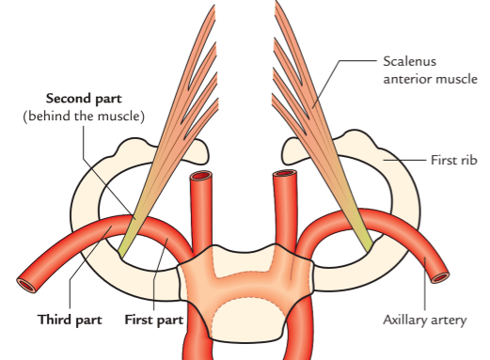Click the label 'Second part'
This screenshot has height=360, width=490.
[84, 99]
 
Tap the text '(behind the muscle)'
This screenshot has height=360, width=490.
[84, 117]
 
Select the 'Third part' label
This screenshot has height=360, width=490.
[70, 320]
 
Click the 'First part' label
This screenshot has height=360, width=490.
[154, 320]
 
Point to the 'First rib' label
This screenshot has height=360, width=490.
[454, 160]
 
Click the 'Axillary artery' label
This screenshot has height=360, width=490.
[425, 321]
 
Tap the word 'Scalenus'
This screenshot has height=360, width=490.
[409, 61]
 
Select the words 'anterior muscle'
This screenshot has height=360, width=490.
[430, 79]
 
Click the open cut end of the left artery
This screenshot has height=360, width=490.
[26, 285]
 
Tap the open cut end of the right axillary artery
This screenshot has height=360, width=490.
[440, 277]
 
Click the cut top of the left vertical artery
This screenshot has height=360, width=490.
[201, 176]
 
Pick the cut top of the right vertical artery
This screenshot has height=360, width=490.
[285, 174]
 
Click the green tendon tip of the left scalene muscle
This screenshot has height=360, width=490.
[123, 248]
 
